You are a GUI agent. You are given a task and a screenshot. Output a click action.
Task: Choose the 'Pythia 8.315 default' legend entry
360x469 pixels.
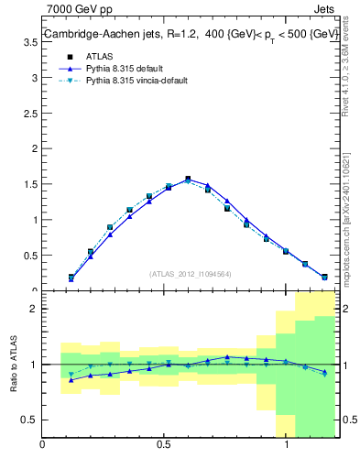128,68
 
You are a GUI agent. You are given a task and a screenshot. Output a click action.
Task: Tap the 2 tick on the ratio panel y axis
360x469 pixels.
32,309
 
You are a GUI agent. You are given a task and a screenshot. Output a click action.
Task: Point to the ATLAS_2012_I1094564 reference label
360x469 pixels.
190,273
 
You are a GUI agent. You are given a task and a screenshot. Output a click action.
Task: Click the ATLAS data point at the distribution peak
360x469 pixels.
188,180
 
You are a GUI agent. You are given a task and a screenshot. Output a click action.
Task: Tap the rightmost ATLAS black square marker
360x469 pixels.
324,277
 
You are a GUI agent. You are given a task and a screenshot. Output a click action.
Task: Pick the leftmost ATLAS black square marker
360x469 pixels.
71,277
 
